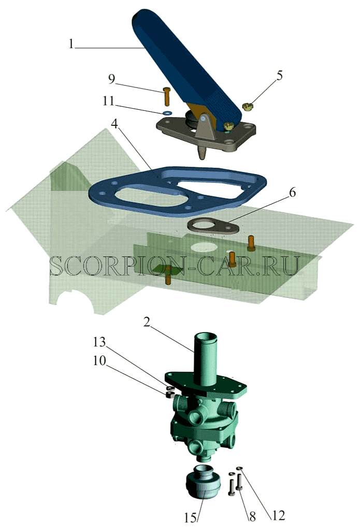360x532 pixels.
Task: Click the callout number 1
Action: [71, 44]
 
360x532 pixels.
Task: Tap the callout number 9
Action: [112, 79]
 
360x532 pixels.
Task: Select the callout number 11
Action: [109, 101]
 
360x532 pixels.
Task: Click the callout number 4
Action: [114, 124]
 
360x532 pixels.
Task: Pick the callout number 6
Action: [292, 192]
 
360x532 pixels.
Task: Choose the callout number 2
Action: [147, 322]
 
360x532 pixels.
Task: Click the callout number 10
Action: [100, 361]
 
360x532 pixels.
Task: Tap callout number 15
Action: [191, 518]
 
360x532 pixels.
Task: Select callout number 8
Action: [252, 516]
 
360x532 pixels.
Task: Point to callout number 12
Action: [278, 515]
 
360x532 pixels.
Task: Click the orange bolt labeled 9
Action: [166, 96]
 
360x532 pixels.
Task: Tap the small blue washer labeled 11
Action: [167, 113]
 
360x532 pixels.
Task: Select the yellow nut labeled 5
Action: [248, 107]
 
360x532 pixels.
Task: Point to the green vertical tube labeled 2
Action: [205, 360]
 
